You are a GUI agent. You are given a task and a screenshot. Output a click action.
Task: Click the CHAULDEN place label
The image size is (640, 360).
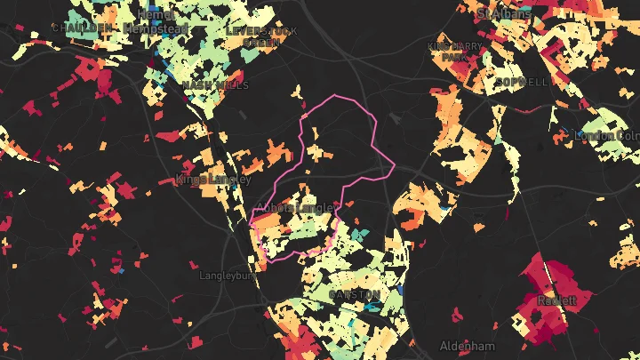83,28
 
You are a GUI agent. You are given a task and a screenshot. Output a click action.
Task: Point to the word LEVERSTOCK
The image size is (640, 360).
261,30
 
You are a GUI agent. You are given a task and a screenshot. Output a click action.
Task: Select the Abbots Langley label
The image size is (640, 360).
296,208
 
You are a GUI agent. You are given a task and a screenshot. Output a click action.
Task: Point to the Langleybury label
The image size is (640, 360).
228,276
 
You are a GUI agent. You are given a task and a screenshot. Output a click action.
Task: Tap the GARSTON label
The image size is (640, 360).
355,294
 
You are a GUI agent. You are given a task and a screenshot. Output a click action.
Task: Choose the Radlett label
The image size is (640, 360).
556,300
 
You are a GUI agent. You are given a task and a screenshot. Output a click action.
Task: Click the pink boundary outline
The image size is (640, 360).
336,95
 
